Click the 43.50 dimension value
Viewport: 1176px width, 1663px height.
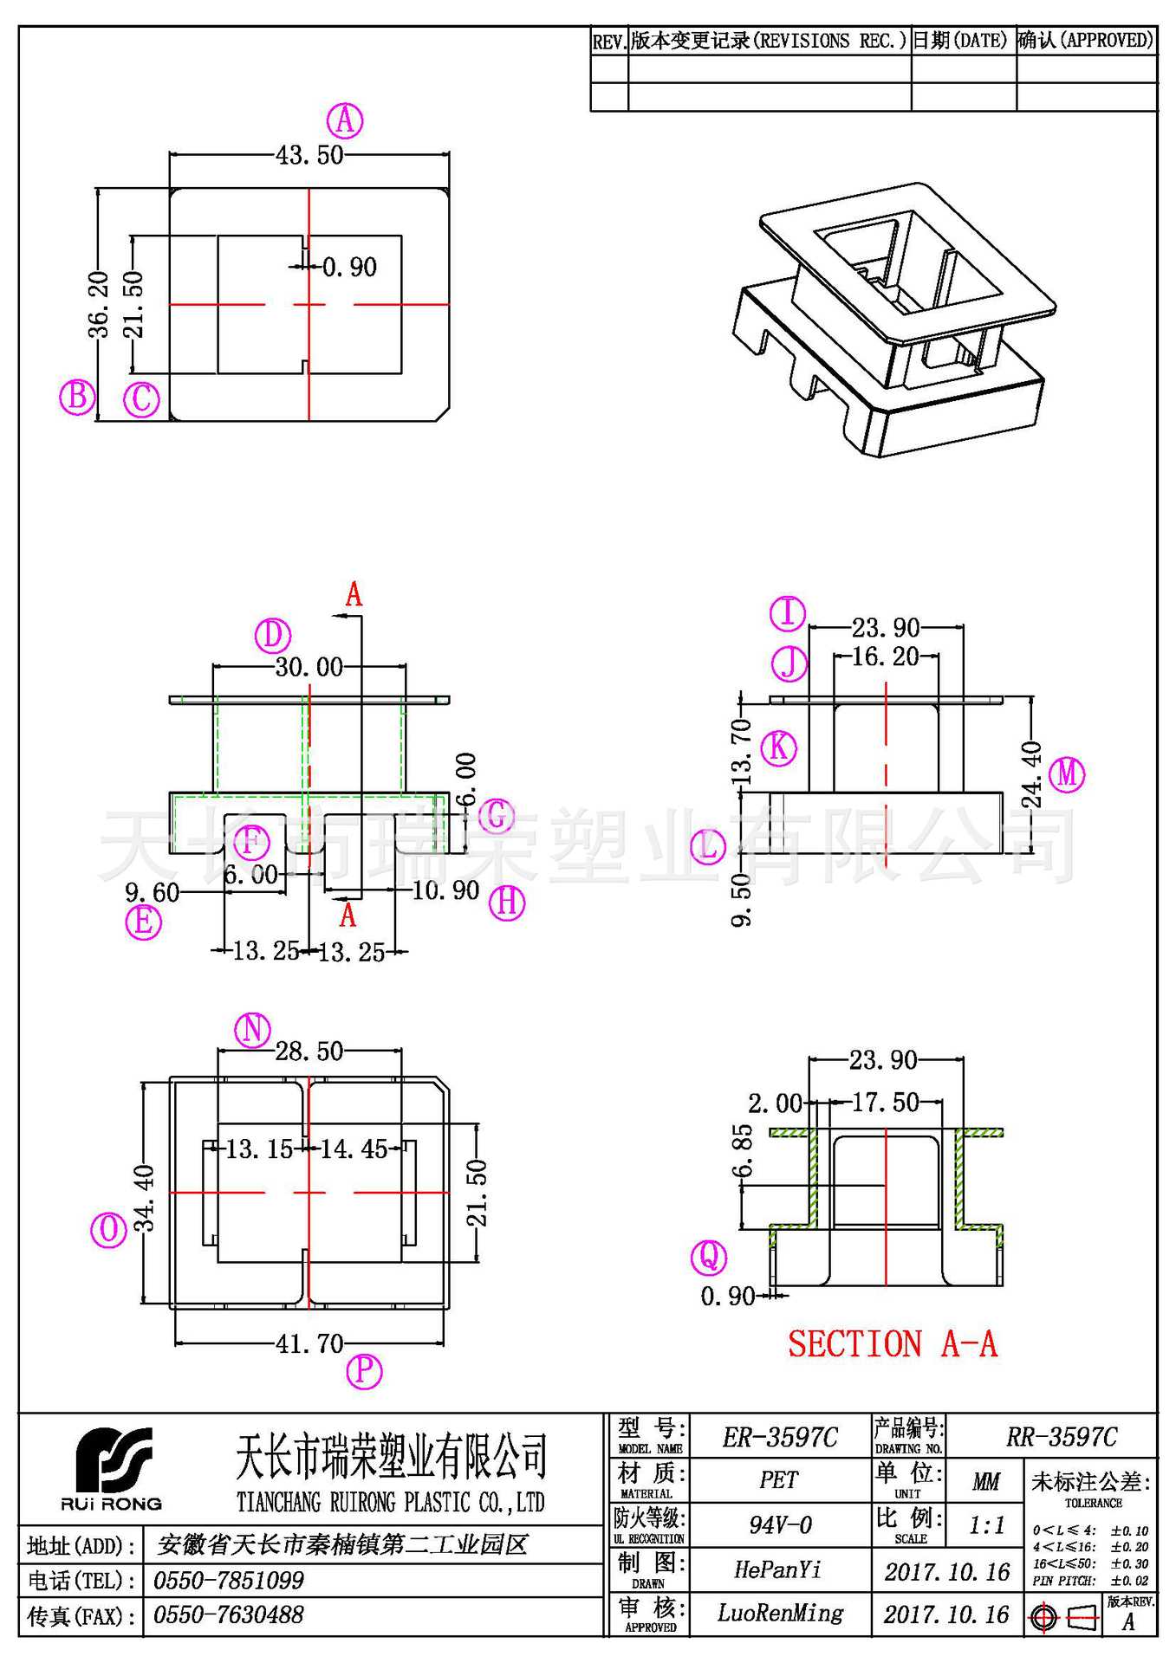click(309, 156)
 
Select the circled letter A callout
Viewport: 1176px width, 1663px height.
click(345, 120)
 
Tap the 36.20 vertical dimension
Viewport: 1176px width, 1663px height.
click(99, 304)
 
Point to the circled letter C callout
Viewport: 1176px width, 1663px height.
click(141, 400)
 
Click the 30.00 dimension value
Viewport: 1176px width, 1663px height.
click(309, 667)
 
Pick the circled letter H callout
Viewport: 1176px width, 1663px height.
click(507, 903)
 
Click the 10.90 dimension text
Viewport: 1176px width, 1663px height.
click(445, 890)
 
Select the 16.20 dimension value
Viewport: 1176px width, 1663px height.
click(885, 657)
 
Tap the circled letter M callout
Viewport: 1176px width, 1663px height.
click(1067, 773)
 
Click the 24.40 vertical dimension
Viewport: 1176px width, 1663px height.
click(1031, 774)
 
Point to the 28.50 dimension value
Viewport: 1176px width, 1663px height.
click(309, 1052)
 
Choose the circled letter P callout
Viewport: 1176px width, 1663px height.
click(364, 1371)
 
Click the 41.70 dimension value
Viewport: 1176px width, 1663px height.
click(309, 1344)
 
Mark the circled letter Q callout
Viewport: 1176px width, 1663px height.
click(708, 1257)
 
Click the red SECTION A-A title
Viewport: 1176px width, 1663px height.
click(893, 1344)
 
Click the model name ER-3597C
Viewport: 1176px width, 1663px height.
click(780, 1439)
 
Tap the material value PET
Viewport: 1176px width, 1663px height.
click(778, 1480)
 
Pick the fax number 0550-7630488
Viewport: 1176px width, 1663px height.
click(229, 1615)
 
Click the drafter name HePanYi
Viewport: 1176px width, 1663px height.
click(777, 1569)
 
